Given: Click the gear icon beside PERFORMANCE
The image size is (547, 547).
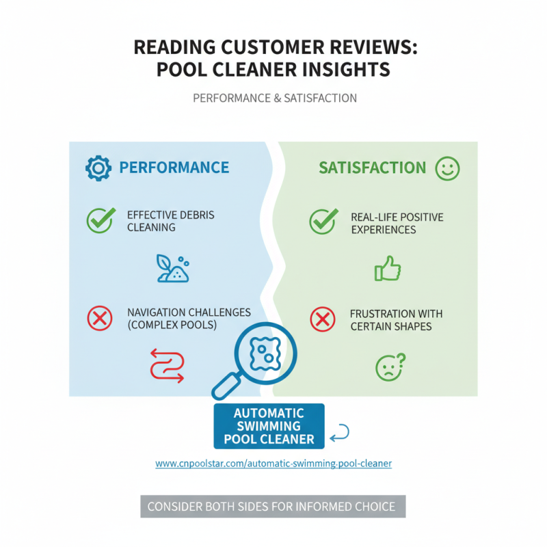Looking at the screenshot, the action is pyautogui.click(x=98, y=168).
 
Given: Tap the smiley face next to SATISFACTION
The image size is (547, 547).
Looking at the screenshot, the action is pyautogui.click(x=448, y=168).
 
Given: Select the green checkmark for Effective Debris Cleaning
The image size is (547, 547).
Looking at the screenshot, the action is pyautogui.click(x=101, y=220).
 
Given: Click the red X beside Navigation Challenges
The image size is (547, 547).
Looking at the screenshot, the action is pyautogui.click(x=100, y=318).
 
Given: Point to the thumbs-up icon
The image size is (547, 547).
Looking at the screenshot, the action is pyautogui.click(x=388, y=268).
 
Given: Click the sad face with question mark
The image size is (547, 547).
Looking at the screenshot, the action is pyautogui.click(x=390, y=367).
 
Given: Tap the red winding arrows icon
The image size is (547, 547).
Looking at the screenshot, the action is pyautogui.click(x=167, y=366).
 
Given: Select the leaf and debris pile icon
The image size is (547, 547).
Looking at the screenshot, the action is pyautogui.click(x=173, y=268).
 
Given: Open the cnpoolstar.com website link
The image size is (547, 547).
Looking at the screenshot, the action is pyautogui.click(x=273, y=464).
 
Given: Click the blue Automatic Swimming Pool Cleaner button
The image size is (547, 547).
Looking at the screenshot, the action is pyautogui.click(x=269, y=426).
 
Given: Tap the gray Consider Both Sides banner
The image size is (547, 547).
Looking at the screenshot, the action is pyautogui.click(x=273, y=506).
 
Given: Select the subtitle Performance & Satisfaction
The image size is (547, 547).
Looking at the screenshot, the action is pyautogui.click(x=275, y=98).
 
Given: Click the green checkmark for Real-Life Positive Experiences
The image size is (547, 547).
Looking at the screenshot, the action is pyautogui.click(x=323, y=221).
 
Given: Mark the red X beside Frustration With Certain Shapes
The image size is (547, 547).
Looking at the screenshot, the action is pyautogui.click(x=323, y=319).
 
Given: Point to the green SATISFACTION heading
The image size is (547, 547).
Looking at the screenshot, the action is pyautogui.click(x=372, y=168).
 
